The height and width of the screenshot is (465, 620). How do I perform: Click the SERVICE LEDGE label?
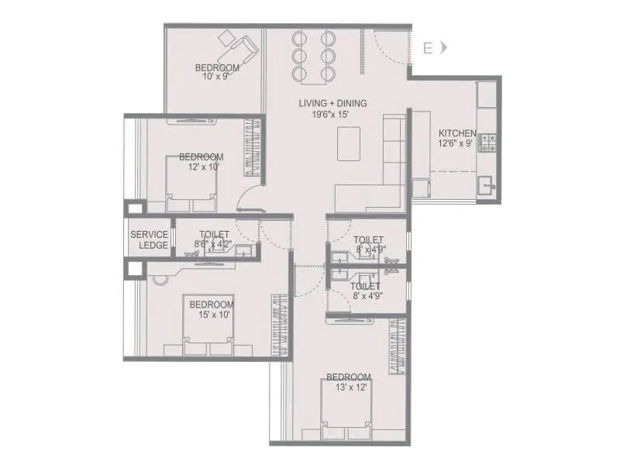[x=149, y=239]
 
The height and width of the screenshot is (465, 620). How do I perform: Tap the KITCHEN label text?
[x=457, y=133]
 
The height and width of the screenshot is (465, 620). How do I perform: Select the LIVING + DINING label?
[x=333, y=103]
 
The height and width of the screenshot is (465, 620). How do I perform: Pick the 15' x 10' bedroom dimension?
[x=212, y=315]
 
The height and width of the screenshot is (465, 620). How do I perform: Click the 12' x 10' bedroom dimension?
[x=203, y=166]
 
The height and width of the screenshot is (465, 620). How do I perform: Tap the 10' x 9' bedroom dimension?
[x=217, y=77]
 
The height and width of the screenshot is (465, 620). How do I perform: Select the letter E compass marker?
[x=427, y=48]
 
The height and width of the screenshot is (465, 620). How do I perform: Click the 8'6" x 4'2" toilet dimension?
[x=214, y=243]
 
